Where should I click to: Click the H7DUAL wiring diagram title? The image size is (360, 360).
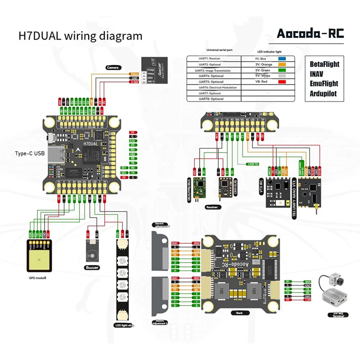pyautogui.click(x=80, y=36)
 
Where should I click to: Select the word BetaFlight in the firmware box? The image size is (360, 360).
pyautogui.click(x=324, y=64)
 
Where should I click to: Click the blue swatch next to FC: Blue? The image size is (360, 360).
pyautogui.click(x=283, y=58)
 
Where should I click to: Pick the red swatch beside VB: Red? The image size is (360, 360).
pyautogui.click(x=283, y=82)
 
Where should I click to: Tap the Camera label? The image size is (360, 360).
pyautogui.click(x=113, y=68)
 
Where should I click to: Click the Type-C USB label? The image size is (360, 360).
pyautogui.click(x=30, y=153)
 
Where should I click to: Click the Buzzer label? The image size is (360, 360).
pyautogui.click(x=92, y=267)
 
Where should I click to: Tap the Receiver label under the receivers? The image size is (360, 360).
pyautogui.click(x=211, y=207)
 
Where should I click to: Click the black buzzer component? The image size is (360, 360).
pyautogui.click(x=92, y=250)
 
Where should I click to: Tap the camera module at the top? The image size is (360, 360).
pyautogui.click(x=154, y=71)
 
